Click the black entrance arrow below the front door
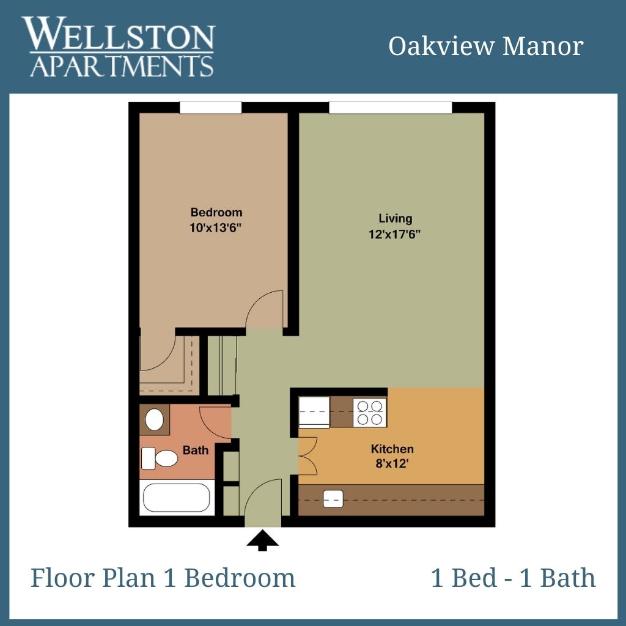262,540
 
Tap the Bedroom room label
216,212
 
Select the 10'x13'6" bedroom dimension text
216,228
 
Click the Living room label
396,218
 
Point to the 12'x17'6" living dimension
394,234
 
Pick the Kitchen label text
392,449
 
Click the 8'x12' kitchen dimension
392,464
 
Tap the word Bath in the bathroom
196,451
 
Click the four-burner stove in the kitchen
370,413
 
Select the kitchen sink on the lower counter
333,499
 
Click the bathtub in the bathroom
177,498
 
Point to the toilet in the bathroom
160,458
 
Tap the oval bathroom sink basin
154,419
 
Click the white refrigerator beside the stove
314,413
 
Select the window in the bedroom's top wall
210,108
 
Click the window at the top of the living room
391,108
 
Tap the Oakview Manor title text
486,46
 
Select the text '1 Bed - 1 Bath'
514,577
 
